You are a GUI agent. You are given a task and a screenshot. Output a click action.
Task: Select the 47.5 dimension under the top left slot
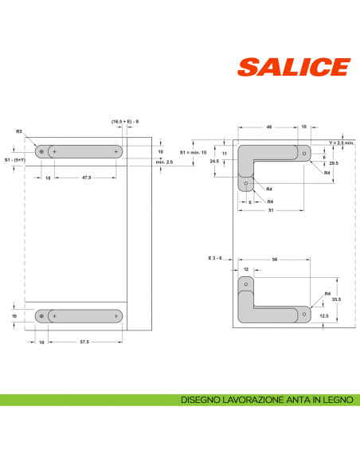85,178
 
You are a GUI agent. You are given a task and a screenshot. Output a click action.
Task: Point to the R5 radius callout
18,131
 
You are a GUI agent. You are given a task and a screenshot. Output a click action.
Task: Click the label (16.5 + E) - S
126,121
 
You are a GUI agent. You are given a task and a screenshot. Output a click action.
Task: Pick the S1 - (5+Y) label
15,160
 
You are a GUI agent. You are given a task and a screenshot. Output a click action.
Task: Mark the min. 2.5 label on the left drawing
165,162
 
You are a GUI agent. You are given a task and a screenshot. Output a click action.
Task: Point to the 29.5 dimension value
334,163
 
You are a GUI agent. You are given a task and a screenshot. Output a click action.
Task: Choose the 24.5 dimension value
214,161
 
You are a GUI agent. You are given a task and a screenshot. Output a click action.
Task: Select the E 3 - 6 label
217,259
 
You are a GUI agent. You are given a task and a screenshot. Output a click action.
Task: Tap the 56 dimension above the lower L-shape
275,260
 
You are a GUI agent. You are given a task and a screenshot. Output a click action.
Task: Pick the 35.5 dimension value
335,300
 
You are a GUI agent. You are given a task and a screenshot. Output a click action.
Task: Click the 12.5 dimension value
324,316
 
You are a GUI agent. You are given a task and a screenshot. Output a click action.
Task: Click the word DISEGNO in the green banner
200,399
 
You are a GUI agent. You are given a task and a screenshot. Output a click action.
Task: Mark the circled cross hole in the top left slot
40,151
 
